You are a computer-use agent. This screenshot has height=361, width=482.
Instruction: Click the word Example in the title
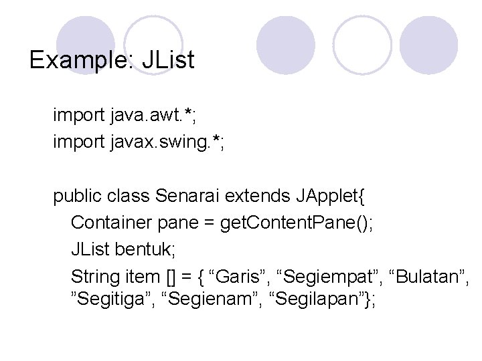click(x=81, y=61)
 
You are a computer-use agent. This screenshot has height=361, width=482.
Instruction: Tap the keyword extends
click(x=257, y=197)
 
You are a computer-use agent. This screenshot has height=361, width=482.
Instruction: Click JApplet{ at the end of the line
click(x=330, y=197)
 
